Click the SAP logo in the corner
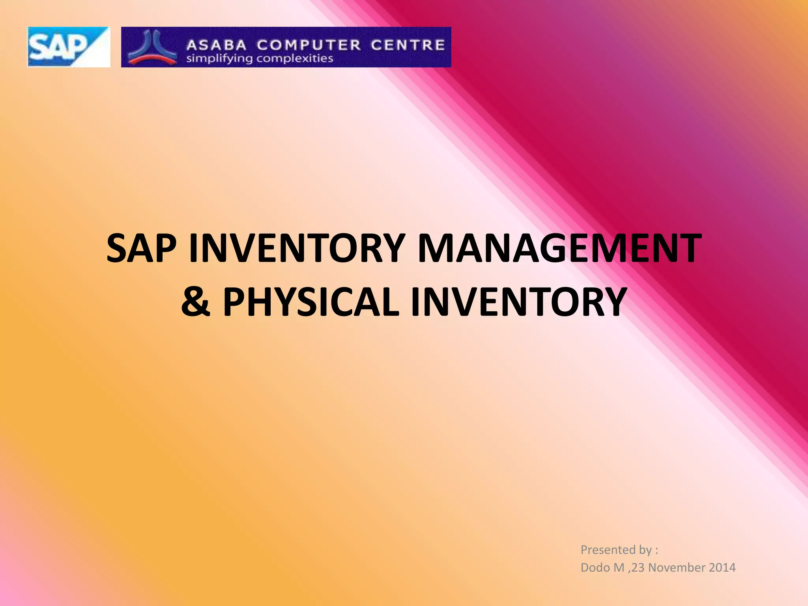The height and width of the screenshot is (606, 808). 68,47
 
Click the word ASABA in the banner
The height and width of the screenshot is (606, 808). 217,45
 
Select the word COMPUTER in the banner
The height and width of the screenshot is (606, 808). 309,45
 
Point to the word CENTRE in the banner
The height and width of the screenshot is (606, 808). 408,45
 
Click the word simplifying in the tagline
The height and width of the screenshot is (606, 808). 219,59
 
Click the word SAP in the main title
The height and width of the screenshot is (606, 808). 141,248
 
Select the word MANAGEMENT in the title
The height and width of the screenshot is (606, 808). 559,248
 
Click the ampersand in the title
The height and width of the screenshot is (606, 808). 196,302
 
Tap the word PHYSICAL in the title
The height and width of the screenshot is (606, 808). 311,302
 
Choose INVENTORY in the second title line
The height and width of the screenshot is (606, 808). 518,302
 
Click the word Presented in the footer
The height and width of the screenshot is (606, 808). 605,550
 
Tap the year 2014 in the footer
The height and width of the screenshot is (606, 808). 722,567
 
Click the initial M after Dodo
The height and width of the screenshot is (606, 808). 619,567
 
